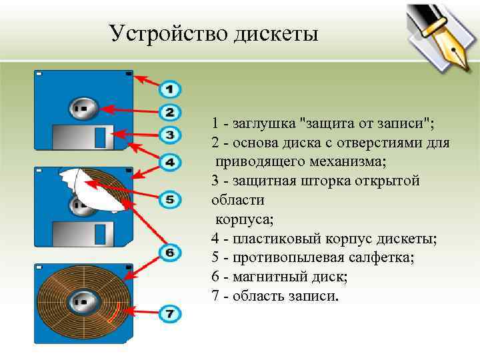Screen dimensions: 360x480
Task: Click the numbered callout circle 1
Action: [x=170, y=89]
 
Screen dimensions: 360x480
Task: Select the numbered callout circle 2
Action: [x=170, y=112]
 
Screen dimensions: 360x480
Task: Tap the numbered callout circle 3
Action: [x=170, y=135]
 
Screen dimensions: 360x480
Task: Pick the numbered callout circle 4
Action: [x=170, y=162]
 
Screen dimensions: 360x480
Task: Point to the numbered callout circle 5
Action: [x=170, y=199]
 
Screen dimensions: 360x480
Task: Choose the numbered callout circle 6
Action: [x=170, y=253]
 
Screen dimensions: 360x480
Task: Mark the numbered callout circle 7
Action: [x=170, y=312]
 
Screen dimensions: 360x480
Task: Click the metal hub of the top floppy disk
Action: [x=83, y=107]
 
